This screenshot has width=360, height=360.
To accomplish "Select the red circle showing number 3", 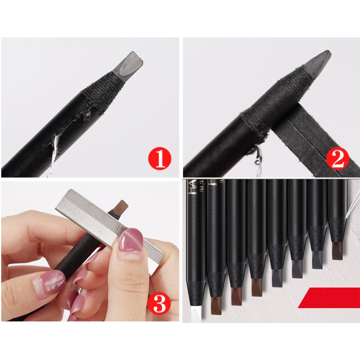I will pos(159,303).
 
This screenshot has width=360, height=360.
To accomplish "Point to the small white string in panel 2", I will pos(256,158).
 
